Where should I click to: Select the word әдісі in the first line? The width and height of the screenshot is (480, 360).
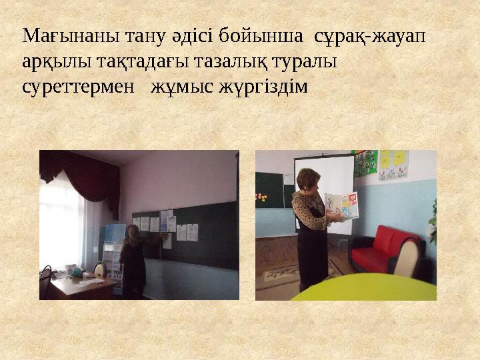pos(168,35)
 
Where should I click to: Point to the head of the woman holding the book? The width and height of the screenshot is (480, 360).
pos(310,179)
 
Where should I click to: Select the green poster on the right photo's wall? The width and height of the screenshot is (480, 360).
pos(366,163)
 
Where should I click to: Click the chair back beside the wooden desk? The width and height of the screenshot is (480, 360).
pos(99,270)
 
